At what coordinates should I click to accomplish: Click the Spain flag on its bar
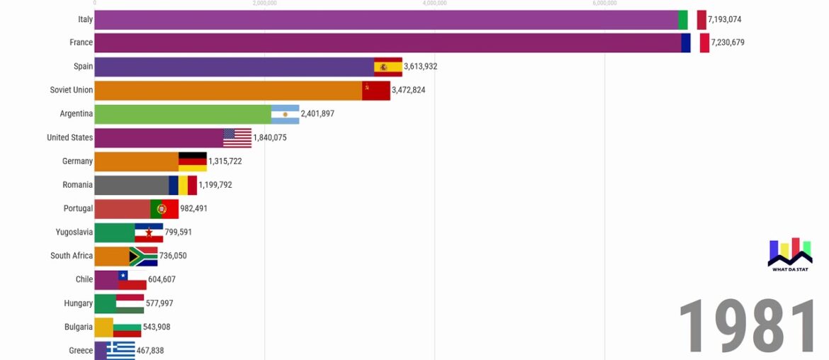(388, 67)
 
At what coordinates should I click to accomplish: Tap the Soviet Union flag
(376, 91)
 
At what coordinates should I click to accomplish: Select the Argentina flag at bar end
(285, 114)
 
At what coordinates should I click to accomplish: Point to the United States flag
(237, 137)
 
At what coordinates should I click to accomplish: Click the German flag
(192, 162)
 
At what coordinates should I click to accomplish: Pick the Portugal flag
(164, 209)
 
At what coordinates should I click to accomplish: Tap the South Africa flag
(143, 256)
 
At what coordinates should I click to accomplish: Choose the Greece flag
(120, 350)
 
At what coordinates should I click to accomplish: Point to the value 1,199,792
(215, 185)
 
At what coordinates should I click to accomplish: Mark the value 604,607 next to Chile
(162, 279)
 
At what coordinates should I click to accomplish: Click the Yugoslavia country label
(74, 232)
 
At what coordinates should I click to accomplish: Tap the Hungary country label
(78, 303)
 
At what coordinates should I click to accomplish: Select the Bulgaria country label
(78, 327)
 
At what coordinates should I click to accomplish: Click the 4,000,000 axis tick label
(434, 4)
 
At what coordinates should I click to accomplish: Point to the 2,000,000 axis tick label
(264, 4)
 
